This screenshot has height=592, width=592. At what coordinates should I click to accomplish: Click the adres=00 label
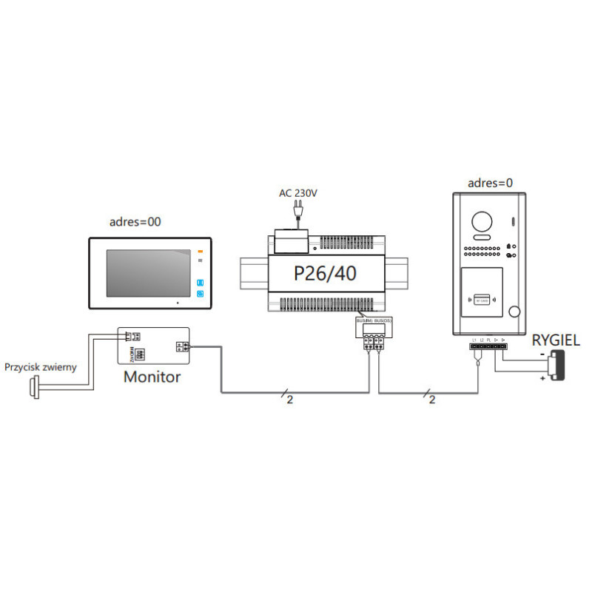pyautogui.click(x=135, y=221)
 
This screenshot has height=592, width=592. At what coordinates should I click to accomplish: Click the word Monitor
pyautogui.click(x=152, y=376)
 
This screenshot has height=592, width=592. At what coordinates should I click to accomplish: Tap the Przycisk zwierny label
pyautogui.click(x=41, y=367)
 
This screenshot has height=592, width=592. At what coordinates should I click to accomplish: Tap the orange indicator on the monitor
pyautogui.click(x=200, y=252)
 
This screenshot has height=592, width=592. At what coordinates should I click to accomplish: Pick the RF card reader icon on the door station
pyautogui.click(x=482, y=299)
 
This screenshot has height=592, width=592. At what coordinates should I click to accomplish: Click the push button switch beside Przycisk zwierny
pyautogui.click(x=33, y=386)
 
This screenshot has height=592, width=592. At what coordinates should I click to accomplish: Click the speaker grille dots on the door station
pyautogui.click(x=482, y=252)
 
